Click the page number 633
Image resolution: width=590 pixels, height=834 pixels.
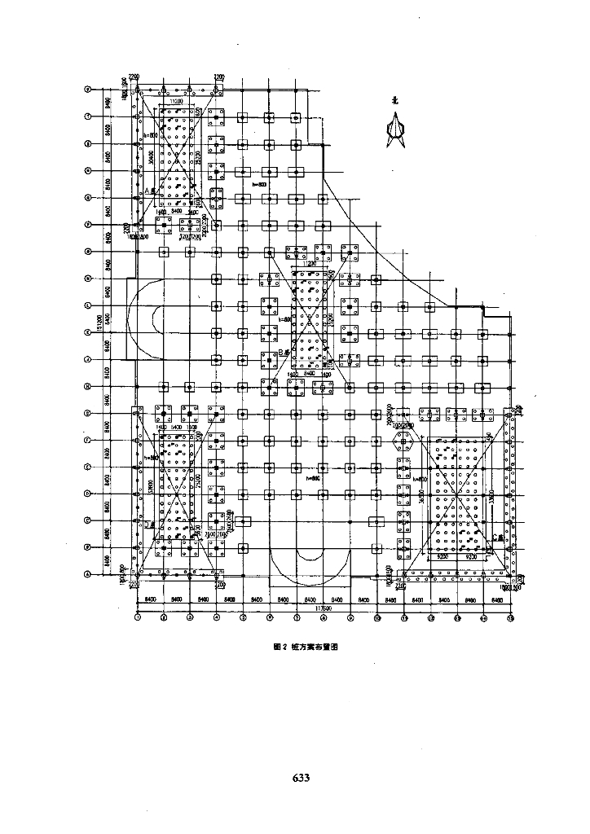(x=301, y=777)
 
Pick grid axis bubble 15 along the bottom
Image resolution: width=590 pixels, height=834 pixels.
(x=510, y=618)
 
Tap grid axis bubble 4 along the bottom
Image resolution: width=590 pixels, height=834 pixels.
(x=216, y=618)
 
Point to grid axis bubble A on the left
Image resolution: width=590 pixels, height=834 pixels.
(x=88, y=574)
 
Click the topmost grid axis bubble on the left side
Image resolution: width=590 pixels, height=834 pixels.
(x=88, y=90)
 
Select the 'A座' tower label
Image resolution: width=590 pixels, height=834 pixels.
(x=149, y=191)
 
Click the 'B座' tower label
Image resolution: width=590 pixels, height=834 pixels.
(x=283, y=352)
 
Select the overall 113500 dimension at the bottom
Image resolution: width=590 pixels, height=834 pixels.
(x=324, y=607)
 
